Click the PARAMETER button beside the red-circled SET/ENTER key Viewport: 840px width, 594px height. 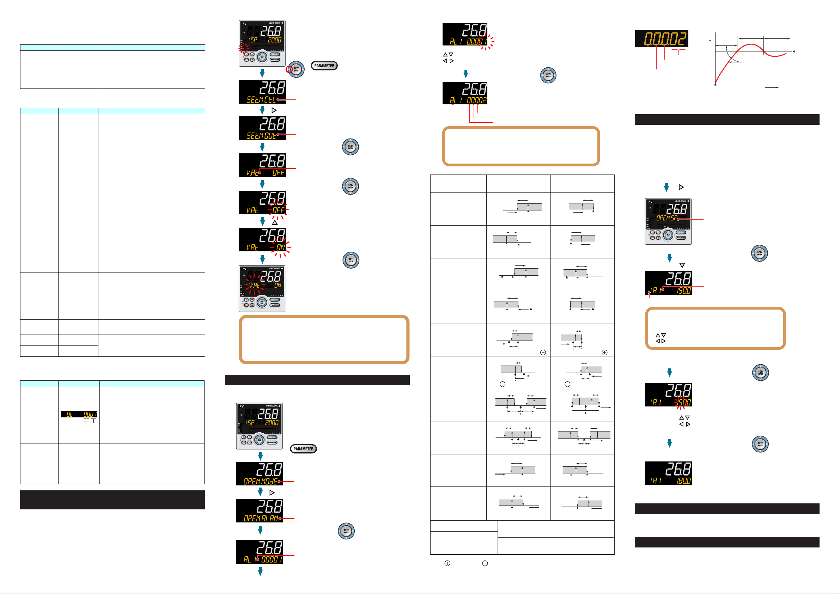pos(324,66)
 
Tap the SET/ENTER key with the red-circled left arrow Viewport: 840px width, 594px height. pos(296,69)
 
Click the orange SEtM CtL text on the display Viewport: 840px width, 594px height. pos(261,99)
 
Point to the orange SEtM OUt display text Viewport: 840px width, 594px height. pos(261,136)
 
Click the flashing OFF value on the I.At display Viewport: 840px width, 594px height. pos(279,210)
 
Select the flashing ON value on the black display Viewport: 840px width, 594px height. pos(281,247)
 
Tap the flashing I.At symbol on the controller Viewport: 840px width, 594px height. pos(254,285)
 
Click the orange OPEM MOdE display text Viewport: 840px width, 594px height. pos(260,481)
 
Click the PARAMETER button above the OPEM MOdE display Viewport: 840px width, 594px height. pos(303,449)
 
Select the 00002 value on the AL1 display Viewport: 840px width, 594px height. pos(476,100)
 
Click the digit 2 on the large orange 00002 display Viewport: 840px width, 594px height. pos(682,39)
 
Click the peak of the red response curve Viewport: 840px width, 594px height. pos(750,44)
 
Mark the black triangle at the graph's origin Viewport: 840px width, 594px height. pos(715,85)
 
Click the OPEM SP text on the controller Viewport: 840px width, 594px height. pos(667,218)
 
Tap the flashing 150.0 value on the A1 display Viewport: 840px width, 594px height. pos(683,402)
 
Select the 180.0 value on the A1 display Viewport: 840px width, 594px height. pos(683,480)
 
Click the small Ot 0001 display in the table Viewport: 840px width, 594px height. pos(79,415)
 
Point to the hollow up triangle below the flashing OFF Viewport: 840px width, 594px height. pos(275,222)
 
